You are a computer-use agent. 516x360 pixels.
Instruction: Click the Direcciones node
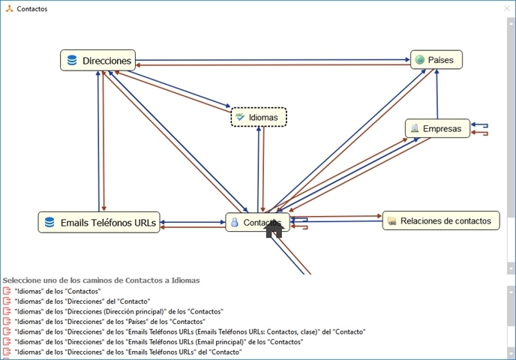click(x=98, y=61)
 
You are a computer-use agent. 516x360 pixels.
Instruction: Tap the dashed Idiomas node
click(x=259, y=118)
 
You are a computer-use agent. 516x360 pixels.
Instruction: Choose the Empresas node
click(x=437, y=129)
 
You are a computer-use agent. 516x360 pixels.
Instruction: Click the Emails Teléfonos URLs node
click(x=99, y=222)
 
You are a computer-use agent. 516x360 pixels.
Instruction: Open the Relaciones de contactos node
click(x=440, y=220)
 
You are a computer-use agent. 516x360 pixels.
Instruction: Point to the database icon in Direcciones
click(x=72, y=61)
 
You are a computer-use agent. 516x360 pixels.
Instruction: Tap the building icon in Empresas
click(x=414, y=128)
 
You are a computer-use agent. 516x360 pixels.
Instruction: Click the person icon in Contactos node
click(x=235, y=223)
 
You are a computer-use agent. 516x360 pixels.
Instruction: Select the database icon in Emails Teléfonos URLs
click(x=49, y=222)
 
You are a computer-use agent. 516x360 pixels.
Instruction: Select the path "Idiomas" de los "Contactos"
click(x=57, y=291)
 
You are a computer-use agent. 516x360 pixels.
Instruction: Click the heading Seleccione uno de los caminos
click(x=101, y=280)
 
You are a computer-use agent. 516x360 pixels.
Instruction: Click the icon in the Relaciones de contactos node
click(x=391, y=221)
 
